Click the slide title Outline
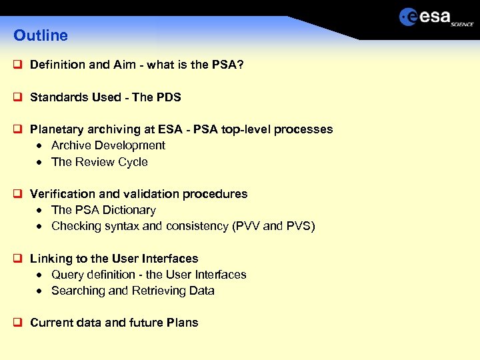pos(41,35)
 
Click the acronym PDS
pos(169,97)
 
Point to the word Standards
pos(61,97)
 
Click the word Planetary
pos(57,129)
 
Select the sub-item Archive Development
pos(108,145)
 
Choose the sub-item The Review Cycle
pos(99,162)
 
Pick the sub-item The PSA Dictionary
pos(103,210)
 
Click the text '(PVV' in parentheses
pos(245,226)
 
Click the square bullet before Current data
pos(18,323)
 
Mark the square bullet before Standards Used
pos(18,97)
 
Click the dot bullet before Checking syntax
pos(41,227)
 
